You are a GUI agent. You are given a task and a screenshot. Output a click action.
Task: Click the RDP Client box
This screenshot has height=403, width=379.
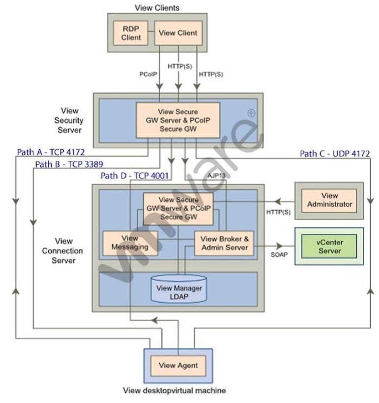(x=131, y=33)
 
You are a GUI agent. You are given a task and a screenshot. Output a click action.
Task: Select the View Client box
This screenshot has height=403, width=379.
(x=178, y=33)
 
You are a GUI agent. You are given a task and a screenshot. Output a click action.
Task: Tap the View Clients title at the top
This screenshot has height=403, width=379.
(x=157, y=8)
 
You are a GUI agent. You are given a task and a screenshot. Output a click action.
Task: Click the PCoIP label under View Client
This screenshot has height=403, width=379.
(x=148, y=74)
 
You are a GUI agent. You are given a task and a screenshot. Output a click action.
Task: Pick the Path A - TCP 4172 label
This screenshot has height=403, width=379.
(x=51, y=152)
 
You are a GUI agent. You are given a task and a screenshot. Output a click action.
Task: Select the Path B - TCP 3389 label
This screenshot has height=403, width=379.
(x=69, y=164)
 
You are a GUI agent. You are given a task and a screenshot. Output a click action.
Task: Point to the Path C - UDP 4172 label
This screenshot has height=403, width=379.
(x=335, y=154)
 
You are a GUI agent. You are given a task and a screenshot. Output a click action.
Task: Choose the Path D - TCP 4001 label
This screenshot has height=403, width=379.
(x=135, y=176)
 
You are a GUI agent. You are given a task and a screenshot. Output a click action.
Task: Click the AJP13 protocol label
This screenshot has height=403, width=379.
(x=216, y=176)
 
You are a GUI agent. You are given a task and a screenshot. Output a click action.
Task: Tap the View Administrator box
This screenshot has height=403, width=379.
(x=329, y=200)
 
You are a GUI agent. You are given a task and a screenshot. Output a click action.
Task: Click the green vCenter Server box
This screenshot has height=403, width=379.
(x=329, y=246)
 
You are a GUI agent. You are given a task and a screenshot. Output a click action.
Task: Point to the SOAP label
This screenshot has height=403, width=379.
(x=279, y=254)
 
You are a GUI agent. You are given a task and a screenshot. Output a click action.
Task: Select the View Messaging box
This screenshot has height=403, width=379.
(x=130, y=243)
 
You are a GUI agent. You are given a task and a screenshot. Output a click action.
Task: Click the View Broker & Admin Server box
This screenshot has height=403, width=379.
(x=224, y=243)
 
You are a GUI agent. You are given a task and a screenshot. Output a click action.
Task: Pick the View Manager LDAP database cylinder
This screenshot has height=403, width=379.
(x=179, y=288)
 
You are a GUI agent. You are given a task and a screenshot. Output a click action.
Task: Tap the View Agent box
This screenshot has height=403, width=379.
(x=178, y=366)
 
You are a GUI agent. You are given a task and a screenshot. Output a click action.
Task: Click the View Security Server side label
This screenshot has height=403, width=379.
(x=69, y=120)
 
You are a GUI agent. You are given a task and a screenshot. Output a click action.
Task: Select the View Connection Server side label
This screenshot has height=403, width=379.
(x=62, y=251)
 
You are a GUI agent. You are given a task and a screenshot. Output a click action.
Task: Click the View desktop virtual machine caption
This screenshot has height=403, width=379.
(x=175, y=391)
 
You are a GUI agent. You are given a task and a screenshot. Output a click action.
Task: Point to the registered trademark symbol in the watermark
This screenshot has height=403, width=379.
(x=251, y=113)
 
